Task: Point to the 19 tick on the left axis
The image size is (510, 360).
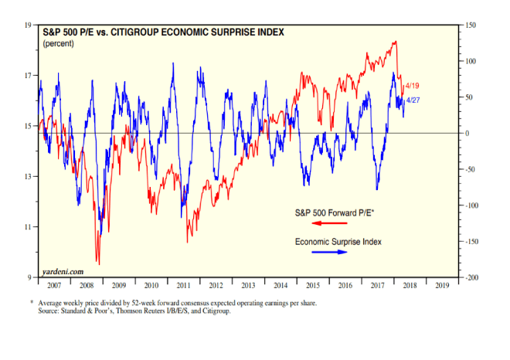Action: [29, 25]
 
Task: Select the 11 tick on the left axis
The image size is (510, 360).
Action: [29, 227]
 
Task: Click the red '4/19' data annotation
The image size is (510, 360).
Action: [412, 86]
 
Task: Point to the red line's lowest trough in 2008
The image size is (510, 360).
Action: [98, 263]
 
